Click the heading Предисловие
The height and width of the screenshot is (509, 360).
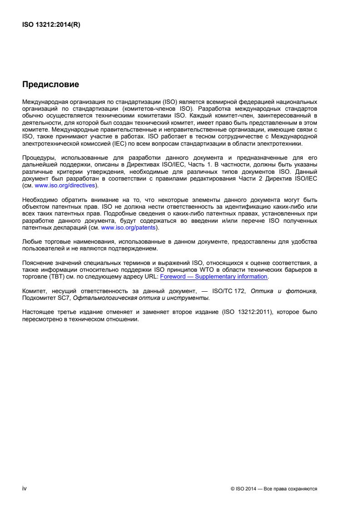click(50, 84)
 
